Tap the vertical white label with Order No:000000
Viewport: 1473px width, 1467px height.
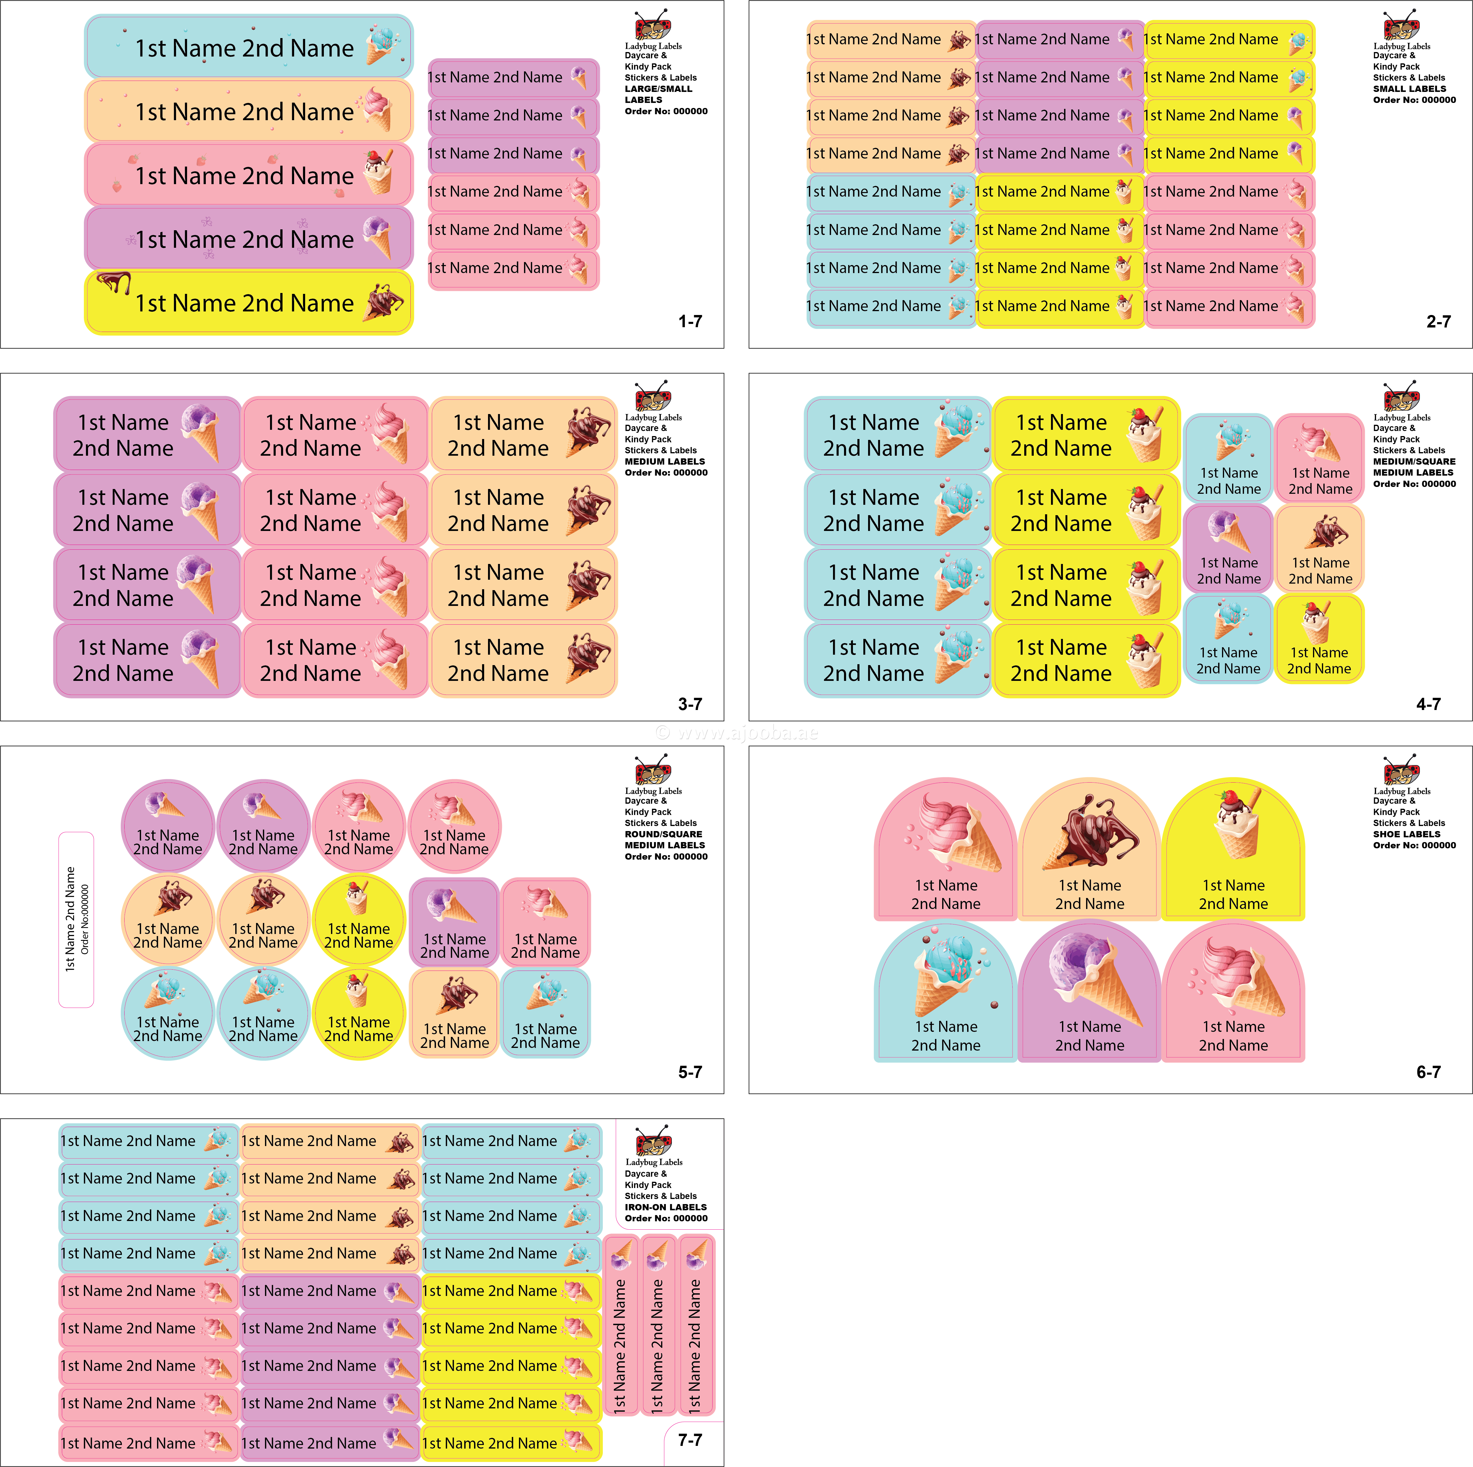coord(76,919)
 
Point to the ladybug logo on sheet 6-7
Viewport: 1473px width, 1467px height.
coord(1401,770)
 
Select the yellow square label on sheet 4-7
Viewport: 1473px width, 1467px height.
coord(1319,639)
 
